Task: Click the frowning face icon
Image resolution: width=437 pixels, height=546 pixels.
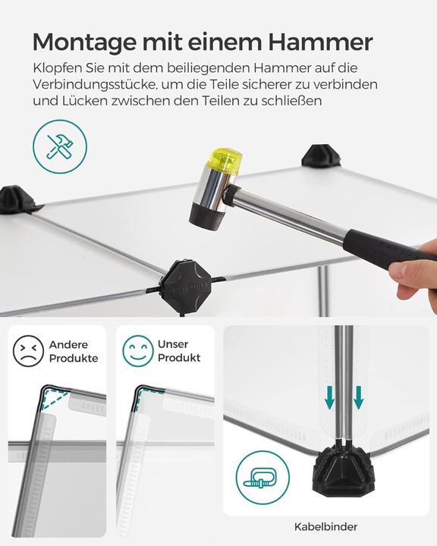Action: (28, 351)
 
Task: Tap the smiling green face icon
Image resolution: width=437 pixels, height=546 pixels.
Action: (137, 351)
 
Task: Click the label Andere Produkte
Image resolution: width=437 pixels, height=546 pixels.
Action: (74, 351)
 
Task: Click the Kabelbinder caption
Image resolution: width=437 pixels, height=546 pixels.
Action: (325, 526)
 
